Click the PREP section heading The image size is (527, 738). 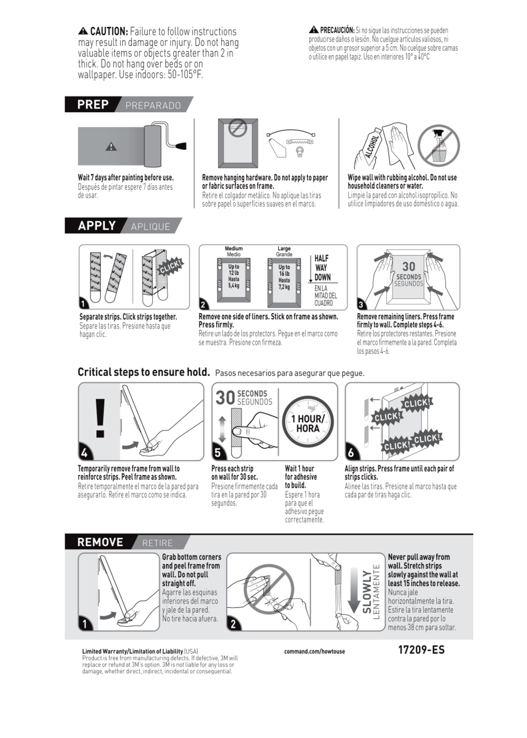click(x=93, y=105)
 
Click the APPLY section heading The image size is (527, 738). click(x=97, y=226)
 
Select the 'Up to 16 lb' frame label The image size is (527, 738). click(x=284, y=277)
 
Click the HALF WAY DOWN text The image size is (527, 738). click(x=322, y=268)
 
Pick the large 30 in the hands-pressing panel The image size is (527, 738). click(x=408, y=266)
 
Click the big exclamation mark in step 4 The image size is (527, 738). click(x=100, y=418)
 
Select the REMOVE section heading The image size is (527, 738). click(x=100, y=542)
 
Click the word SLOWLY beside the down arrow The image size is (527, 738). click(x=367, y=592)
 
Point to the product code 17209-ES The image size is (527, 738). click(x=421, y=650)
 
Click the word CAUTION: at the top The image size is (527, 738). click(x=109, y=31)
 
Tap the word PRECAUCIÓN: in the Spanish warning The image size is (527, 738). click(x=337, y=30)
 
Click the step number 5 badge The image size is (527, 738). click(x=218, y=452)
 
